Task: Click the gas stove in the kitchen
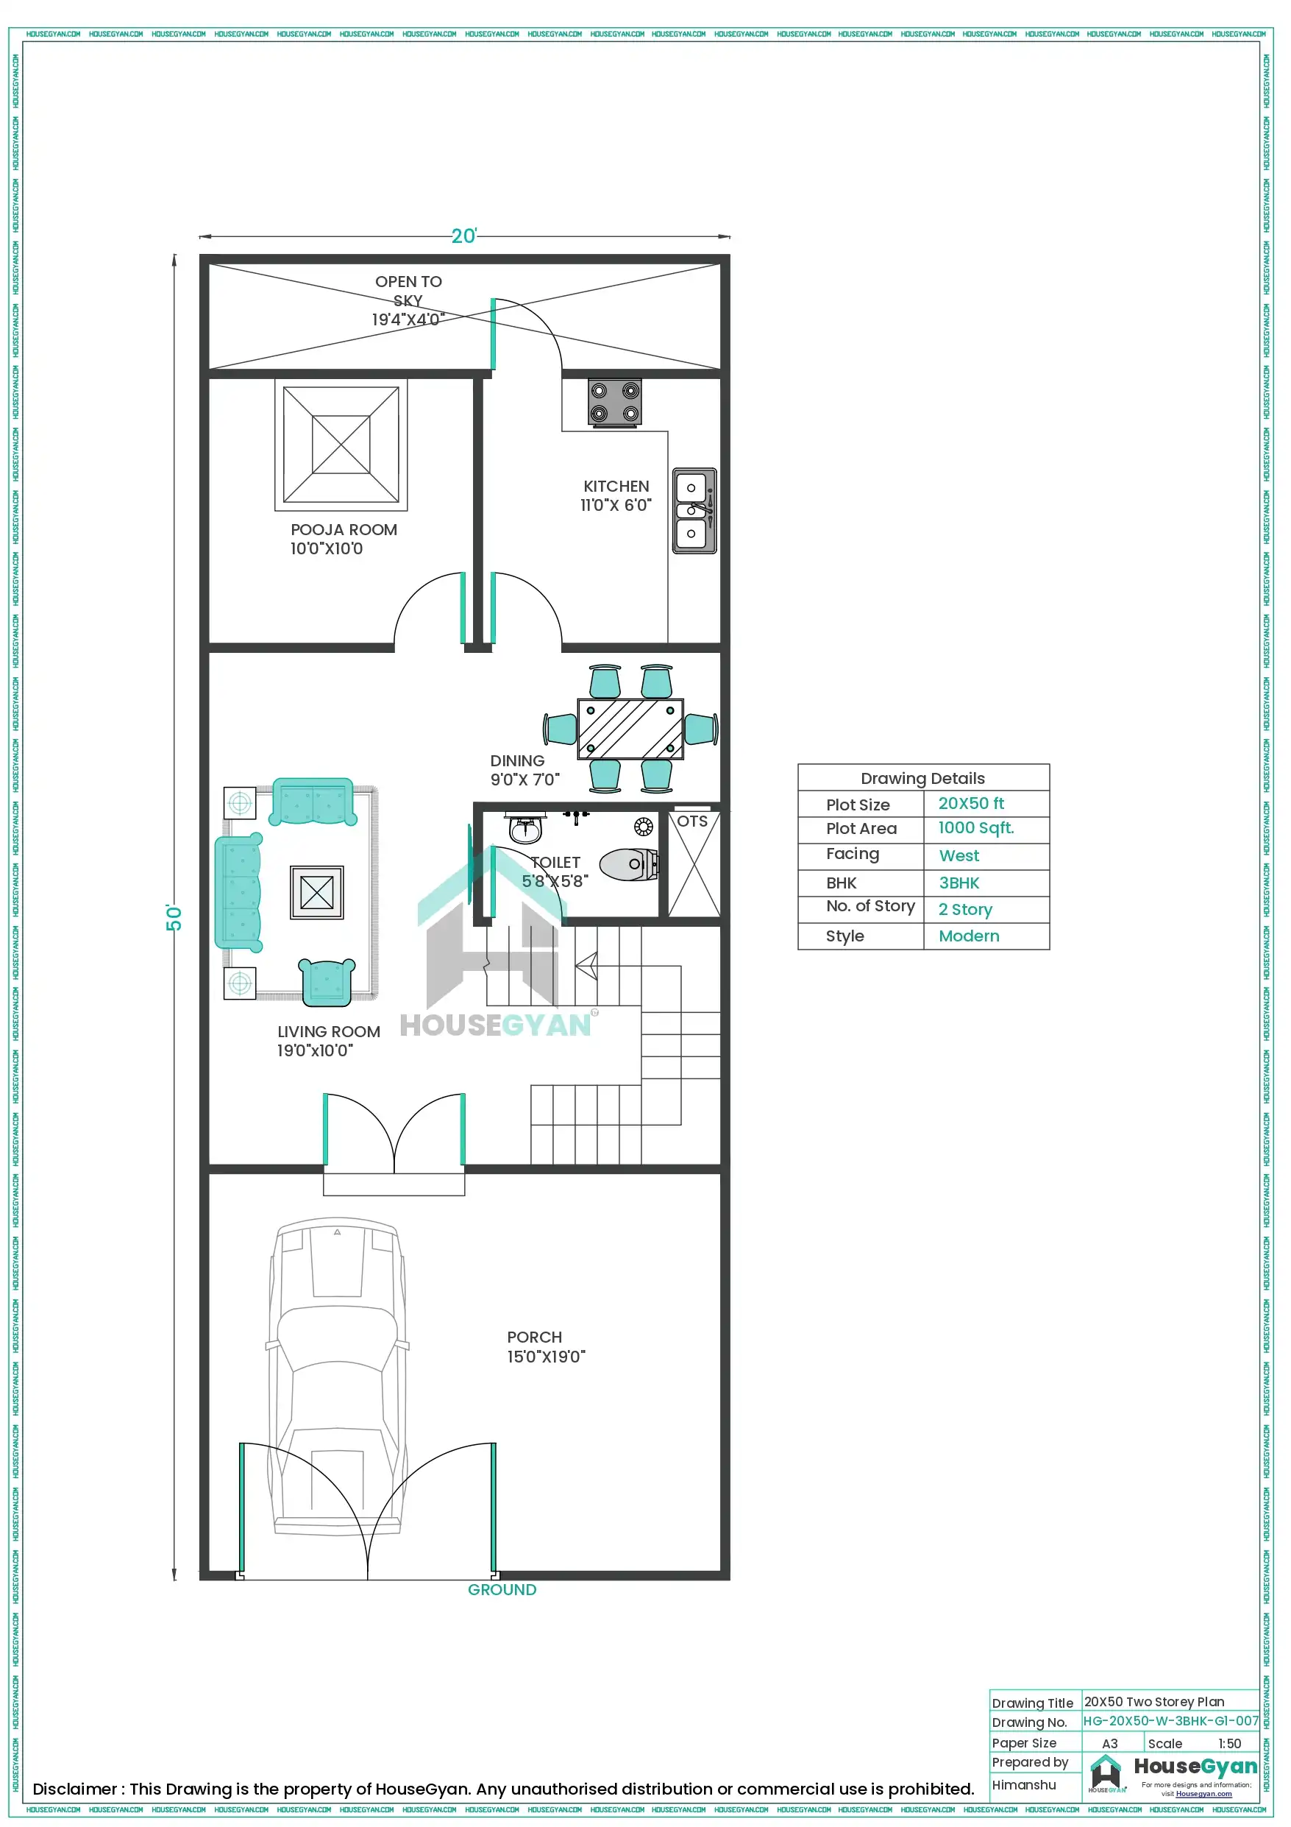[x=614, y=402]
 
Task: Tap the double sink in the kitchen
[x=694, y=511]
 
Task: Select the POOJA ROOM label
[x=343, y=530]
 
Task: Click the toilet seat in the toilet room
[x=627, y=864]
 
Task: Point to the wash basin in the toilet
[x=525, y=830]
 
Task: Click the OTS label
[x=692, y=821]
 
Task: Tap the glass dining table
[x=630, y=729]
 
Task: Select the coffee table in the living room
[x=316, y=892]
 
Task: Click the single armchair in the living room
[x=326, y=982]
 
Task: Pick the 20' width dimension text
[x=463, y=236]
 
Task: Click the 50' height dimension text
[x=174, y=917]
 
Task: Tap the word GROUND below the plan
[x=502, y=1589]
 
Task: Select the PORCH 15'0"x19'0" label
[x=546, y=1346]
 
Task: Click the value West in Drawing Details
[x=959, y=856]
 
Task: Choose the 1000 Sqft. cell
[x=976, y=828]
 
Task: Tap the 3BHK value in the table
[x=959, y=883]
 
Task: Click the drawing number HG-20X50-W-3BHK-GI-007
[x=1170, y=1721]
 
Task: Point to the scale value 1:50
[x=1229, y=1743]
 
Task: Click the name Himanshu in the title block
[x=1024, y=1785]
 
